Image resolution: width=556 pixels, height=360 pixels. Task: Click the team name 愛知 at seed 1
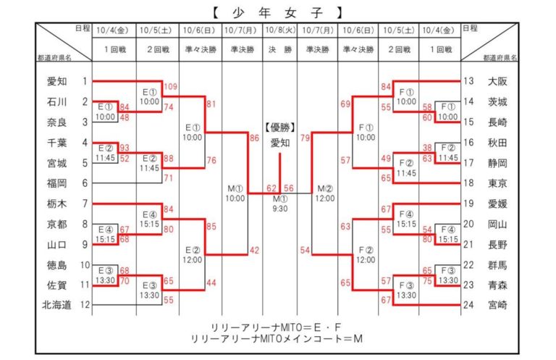pyautogui.click(x=56, y=81)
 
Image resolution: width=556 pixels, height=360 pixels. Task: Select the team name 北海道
pyautogui.click(x=56, y=305)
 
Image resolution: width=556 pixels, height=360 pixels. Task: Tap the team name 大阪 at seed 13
pyautogui.click(x=497, y=81)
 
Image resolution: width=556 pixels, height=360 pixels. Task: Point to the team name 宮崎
pyautogui.click(x=497, y=305)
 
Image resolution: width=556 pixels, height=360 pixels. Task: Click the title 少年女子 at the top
pyautogui.click(x=278, y=13)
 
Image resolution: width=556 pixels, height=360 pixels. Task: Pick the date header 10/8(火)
pyautogui.click(x=280, y=30)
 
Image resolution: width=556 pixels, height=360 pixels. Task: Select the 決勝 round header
pyautogui.click(x=280, y=50)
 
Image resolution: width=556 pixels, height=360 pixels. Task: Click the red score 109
pyautogui.click(x=171, y=86)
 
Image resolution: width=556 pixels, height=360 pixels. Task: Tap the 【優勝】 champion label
pyautogui.click(x=280, y=127)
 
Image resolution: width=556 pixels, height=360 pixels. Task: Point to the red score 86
pyautogui.click(x=254, y=138)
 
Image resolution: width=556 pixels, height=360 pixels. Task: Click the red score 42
pyautogui.click(x=254, y=251)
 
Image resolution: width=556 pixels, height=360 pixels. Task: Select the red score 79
pyautogui.click(x=306, y=138)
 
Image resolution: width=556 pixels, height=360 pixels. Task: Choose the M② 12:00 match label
pyautogui.click(x=325, y=193)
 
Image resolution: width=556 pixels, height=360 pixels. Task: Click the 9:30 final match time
pyautogui.click(x=280, y=209)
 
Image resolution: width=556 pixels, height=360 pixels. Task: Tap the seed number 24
pyautogui.click(x=468, y=305)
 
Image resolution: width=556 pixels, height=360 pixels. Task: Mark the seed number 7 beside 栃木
pyautogui.click(x=85, y=204)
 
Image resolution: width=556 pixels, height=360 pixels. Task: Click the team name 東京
pyautogui.click(x=497, y=183)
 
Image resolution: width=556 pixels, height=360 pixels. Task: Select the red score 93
pyautogui.click(x=125, y=148)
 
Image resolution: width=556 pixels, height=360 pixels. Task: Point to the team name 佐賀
pyautogui.click(x=56, y=285)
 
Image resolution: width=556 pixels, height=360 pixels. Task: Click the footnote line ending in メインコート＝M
pyautogui.click(x=277, y=339)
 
